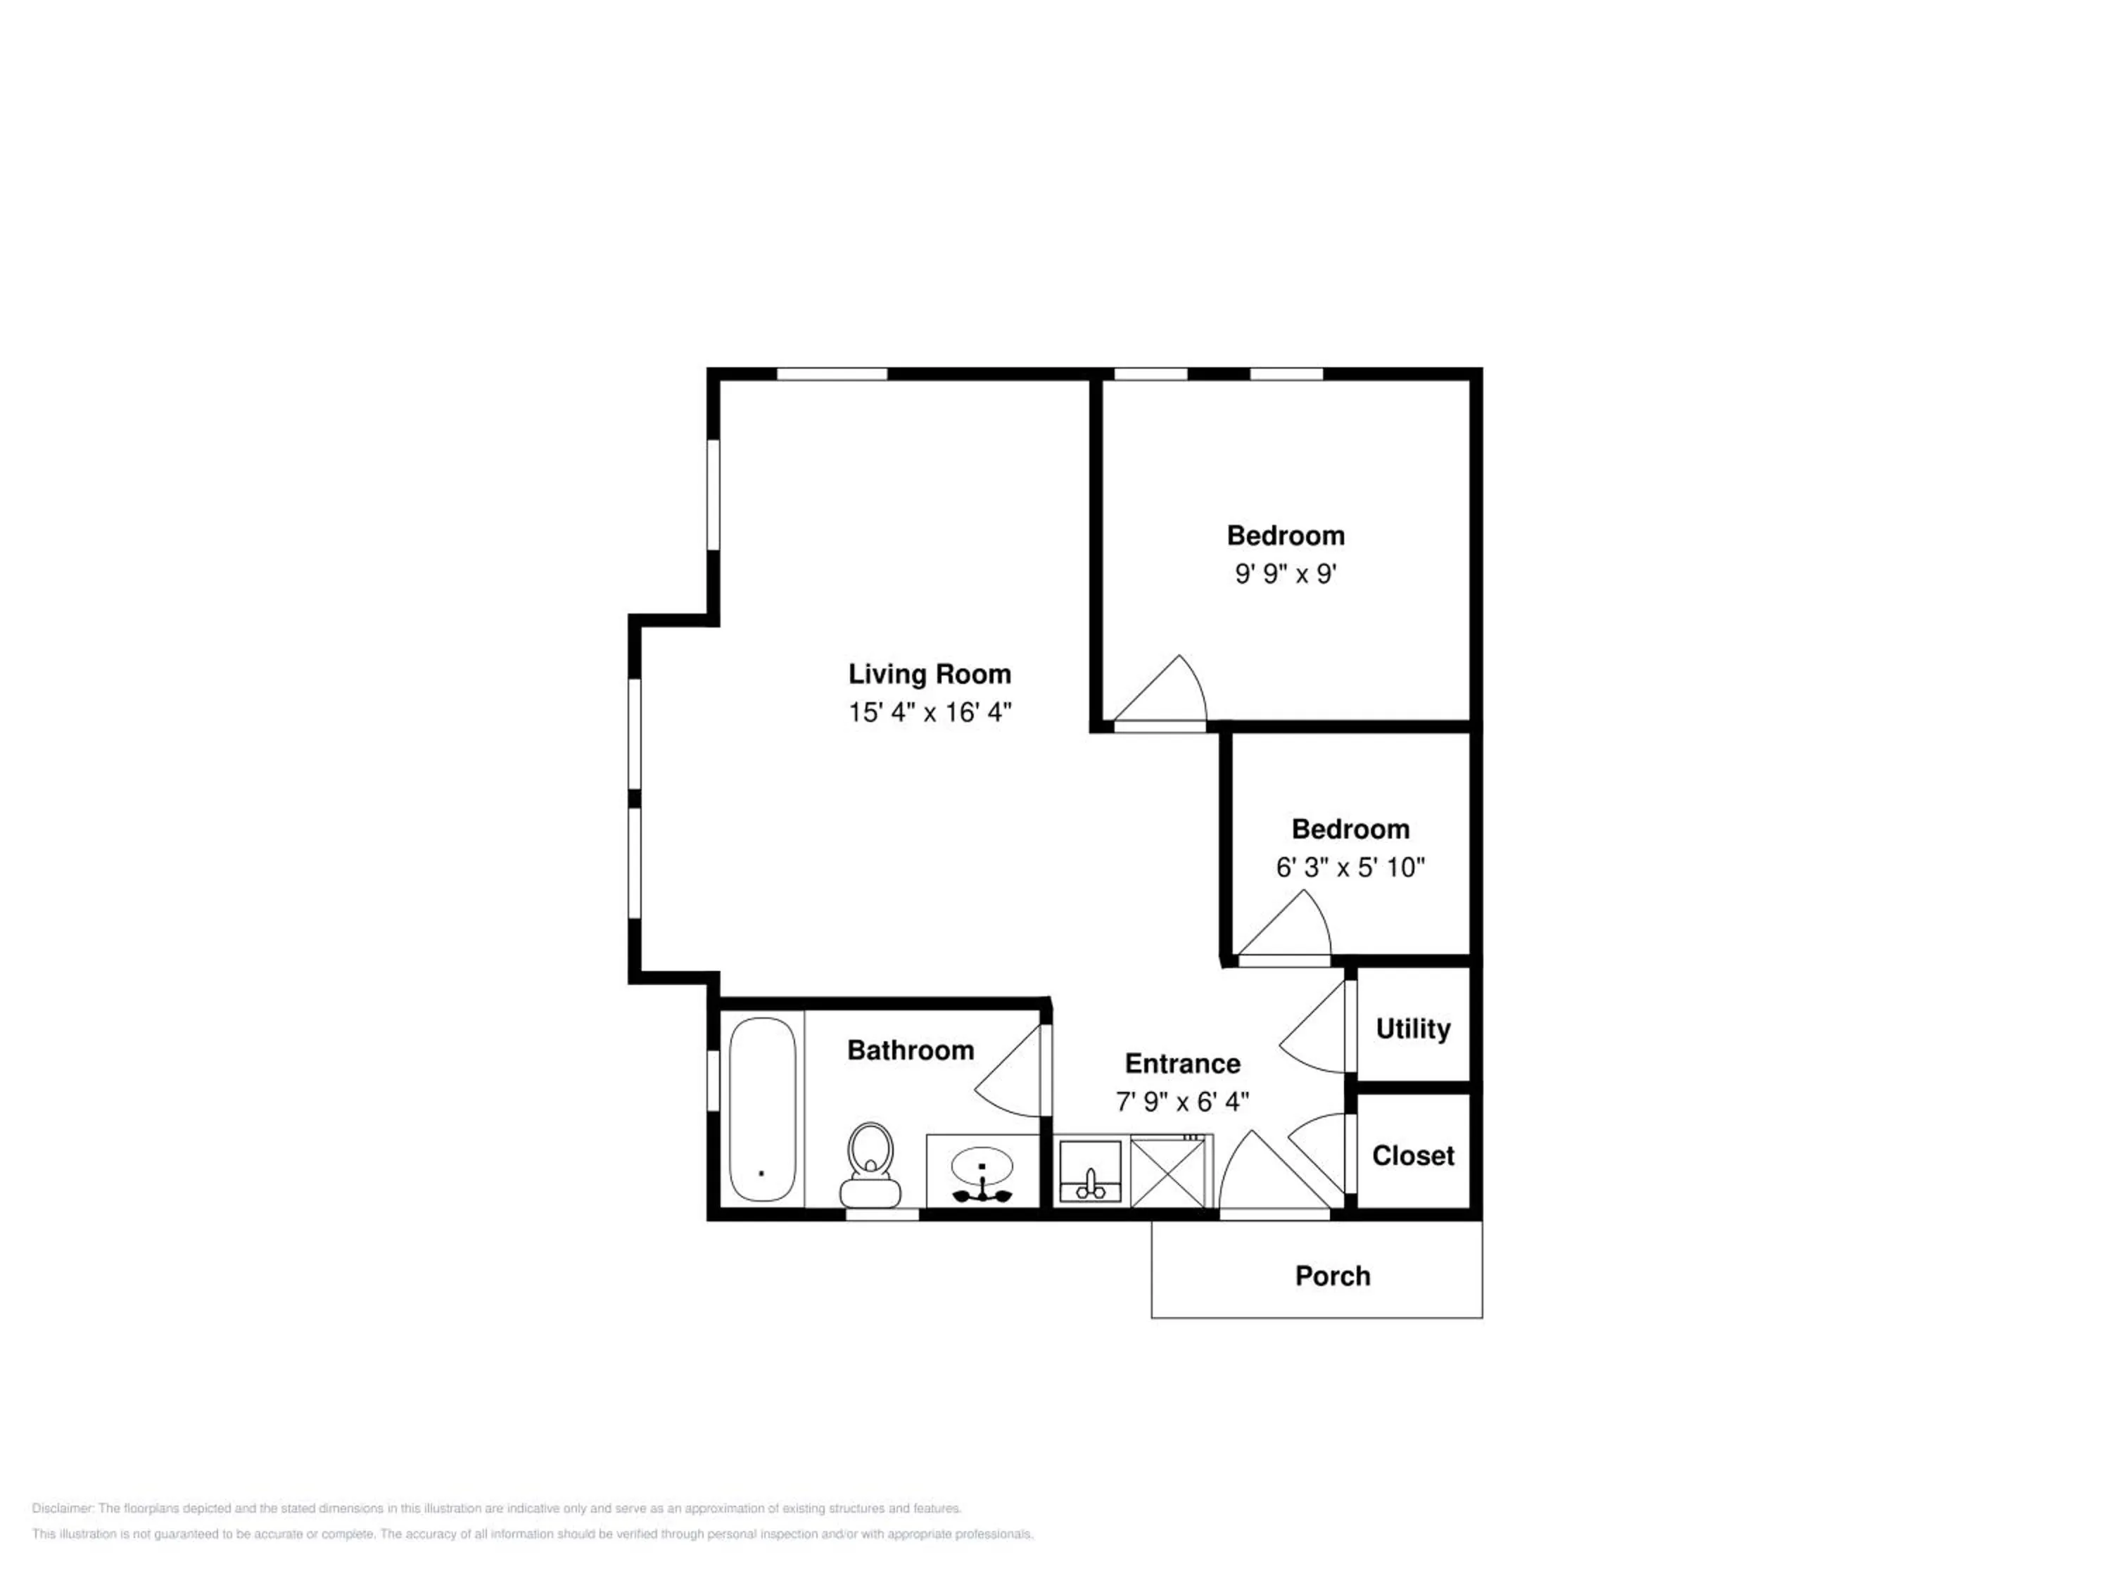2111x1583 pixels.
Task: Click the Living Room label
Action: pyautogui.click(x=930, y=674)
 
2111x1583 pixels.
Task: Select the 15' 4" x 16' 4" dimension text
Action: pyautogui.click(x=930, y=713)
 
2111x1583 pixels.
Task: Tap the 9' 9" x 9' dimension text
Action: pyautogui.click(x=1286, y=573)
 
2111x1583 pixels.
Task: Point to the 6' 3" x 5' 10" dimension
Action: pyautogui.click(x=1350, y=867)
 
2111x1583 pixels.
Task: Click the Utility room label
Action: pyautogui.click(x=1412, y=1029)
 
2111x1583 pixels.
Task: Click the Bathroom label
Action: pyautogui.click(x=911, y=1050)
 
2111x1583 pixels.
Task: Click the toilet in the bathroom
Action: pyautogui.click(x=870, y=1165)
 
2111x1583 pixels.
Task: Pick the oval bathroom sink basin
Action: pyautogui.click(x=982, y=1165)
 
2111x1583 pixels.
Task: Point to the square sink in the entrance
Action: pyautogui.click(x=1091, y=1171)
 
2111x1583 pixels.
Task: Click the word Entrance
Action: pyautogui.click(x=1182, y=1064)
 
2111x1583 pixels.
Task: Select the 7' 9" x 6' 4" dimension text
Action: pyautogui.click(x=1182, y=1102)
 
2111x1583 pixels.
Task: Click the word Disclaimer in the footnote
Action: pyautogui.click(x=63, y=1508)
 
